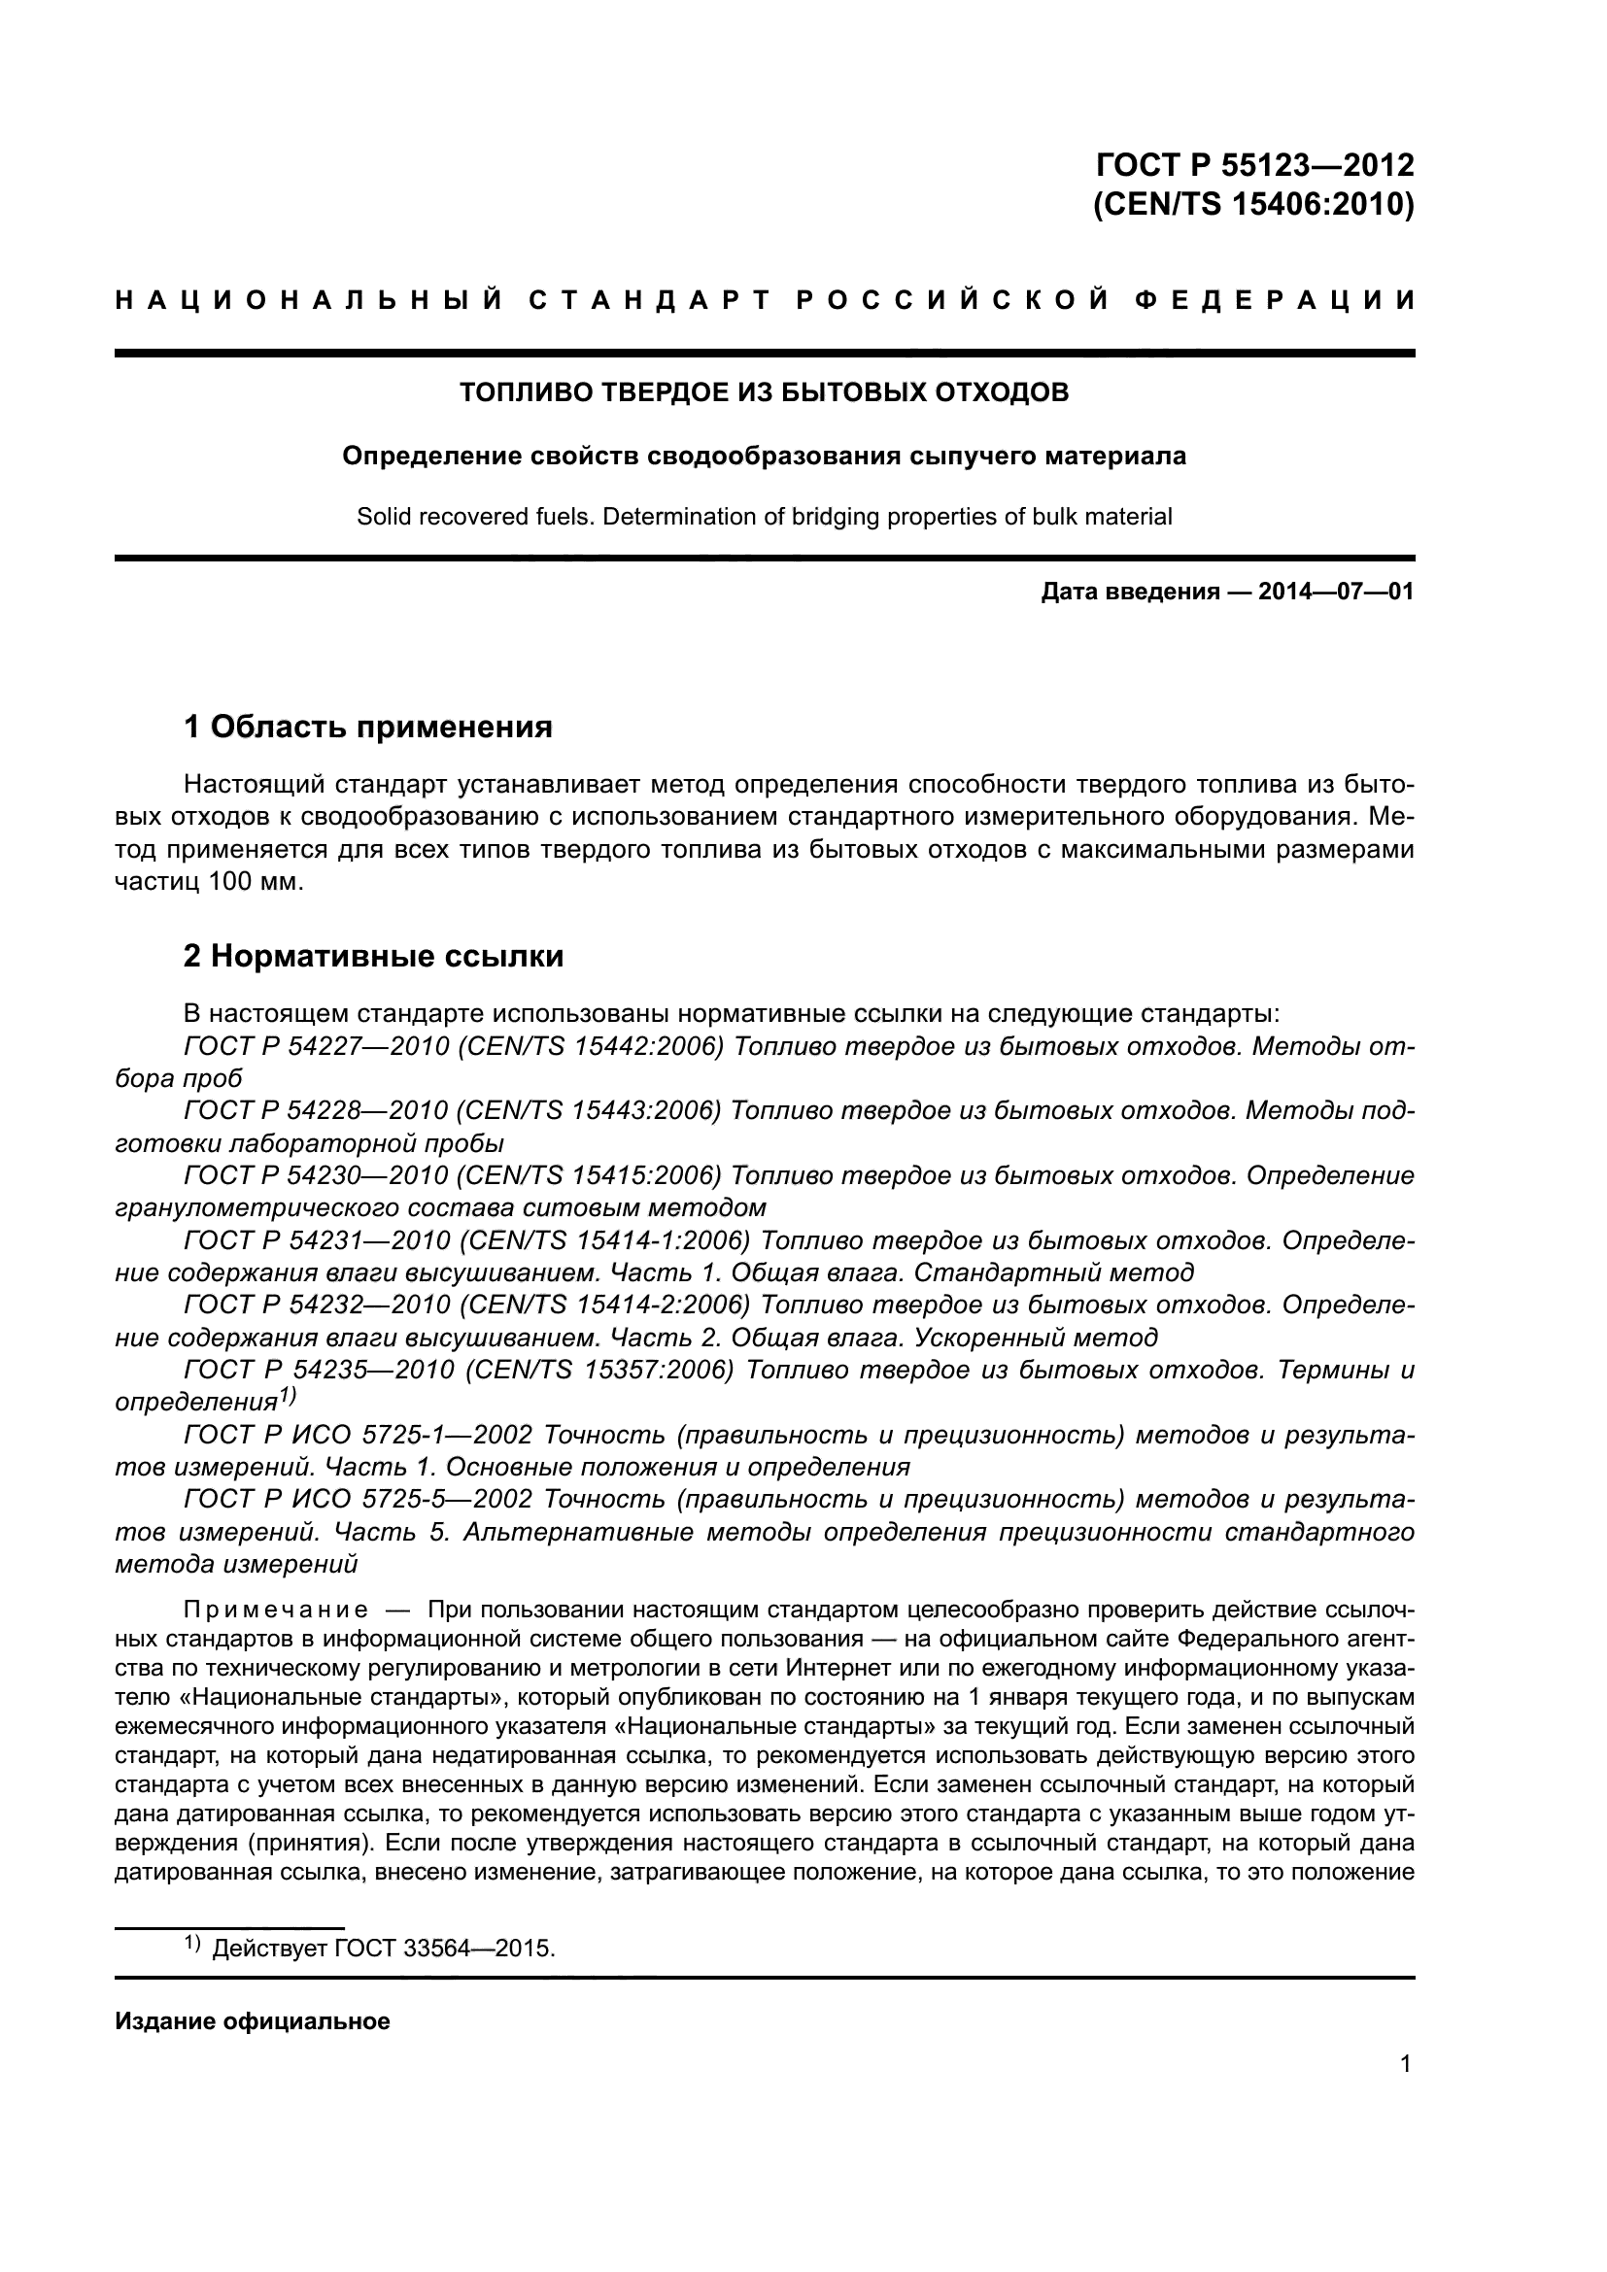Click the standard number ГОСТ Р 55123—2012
tap(1255, 164)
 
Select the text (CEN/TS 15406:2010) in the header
tap(1253, 205)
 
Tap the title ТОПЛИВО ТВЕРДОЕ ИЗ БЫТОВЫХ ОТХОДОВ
tap(764, 392)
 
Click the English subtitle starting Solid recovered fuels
tap(764, 517)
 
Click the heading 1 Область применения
tap(368, 728)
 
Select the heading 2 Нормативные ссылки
tap(374, 956)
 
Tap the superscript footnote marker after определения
tap(287, 1396)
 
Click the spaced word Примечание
tap(276, 1610)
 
